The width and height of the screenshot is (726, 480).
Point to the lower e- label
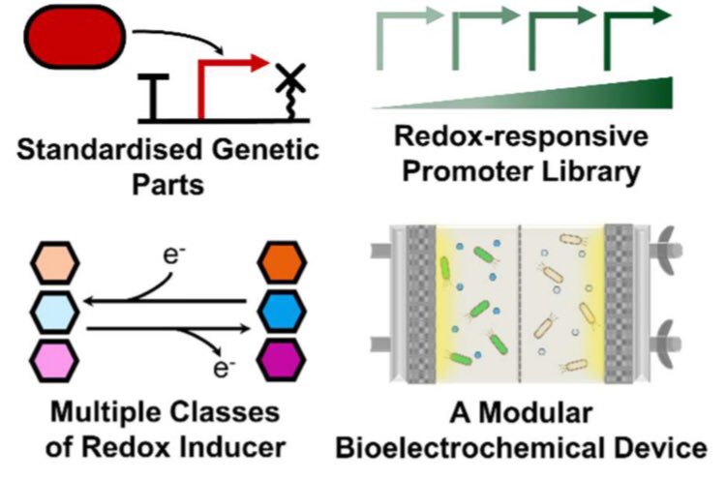coord(225,368)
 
